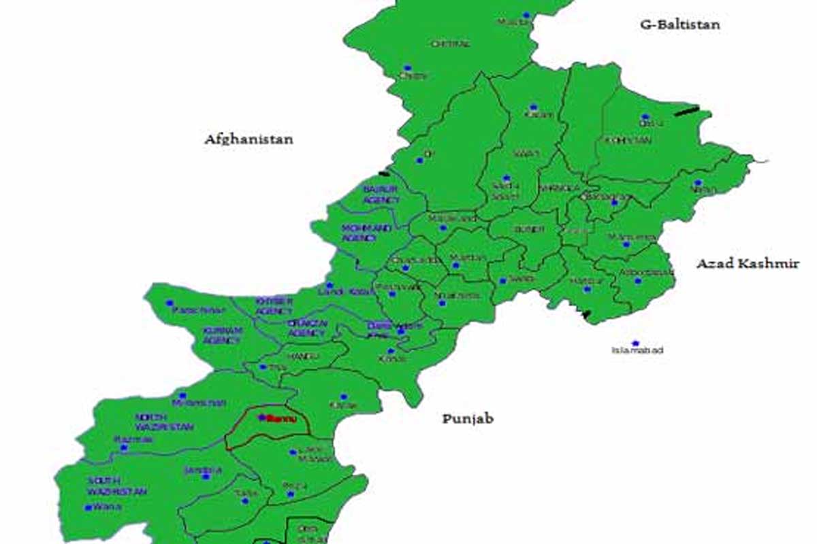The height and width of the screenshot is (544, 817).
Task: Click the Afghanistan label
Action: [249, 139]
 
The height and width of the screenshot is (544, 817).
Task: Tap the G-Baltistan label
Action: [679, 25]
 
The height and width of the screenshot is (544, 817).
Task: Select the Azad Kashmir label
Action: [747, 264]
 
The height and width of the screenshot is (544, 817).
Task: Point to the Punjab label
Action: [468, 419]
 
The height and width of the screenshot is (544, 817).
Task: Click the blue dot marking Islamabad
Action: [635, 343]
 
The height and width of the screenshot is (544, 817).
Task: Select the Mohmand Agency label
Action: [367, 233]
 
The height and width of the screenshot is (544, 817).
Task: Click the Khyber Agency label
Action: [274, 305]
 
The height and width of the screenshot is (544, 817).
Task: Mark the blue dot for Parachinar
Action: [170, 303]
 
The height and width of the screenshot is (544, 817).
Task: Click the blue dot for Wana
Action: [88, 507]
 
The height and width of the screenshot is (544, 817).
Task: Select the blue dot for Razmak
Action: [123, 448]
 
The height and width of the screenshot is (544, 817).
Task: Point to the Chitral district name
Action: [450, 44]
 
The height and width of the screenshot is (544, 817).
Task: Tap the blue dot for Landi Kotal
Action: [330, 286]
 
